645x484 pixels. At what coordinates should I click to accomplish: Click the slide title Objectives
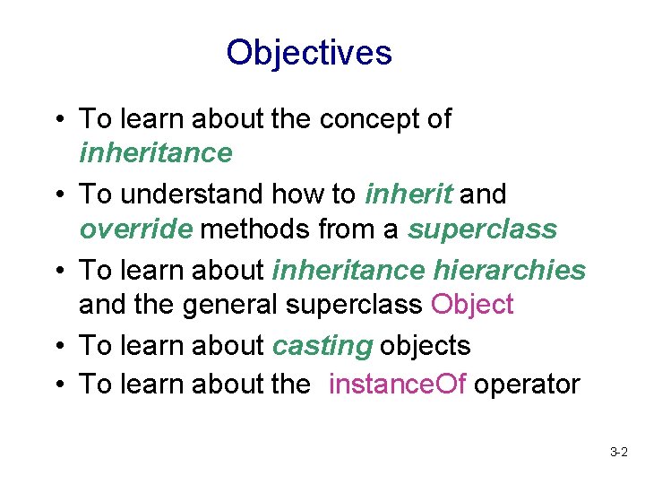coord(309,53)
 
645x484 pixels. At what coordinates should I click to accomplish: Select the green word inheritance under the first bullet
coord(155,153)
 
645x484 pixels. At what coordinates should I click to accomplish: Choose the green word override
coord(135,229)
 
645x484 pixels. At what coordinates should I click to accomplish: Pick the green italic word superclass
coord(482,229)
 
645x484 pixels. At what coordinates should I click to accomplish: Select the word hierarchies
coord(510,269)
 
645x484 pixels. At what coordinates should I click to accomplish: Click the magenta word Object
coord(472,305)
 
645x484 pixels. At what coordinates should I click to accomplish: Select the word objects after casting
coord(426,345)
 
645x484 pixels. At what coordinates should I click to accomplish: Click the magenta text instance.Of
coord(397,384)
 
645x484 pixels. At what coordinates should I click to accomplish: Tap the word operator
coord(527,385)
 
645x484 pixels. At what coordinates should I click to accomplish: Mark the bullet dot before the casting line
coord(56,346)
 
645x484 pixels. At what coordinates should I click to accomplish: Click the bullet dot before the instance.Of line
coord(56,385)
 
